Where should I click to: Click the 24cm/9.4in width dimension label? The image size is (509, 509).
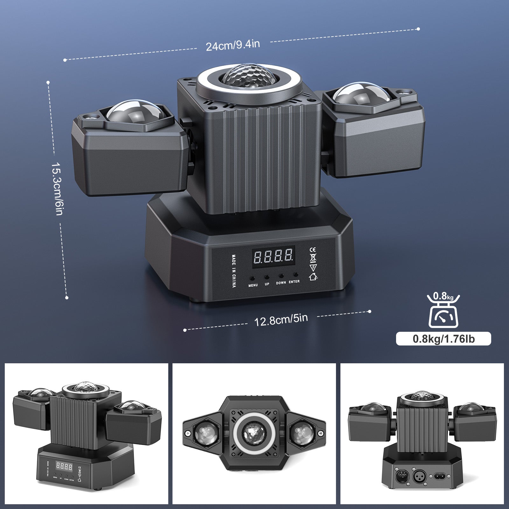tap(233, 45)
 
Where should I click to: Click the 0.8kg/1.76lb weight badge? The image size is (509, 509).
tap(443, 339)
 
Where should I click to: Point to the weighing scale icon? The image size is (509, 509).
tap(443, 312)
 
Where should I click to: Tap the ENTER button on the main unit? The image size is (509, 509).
tap(296, 274)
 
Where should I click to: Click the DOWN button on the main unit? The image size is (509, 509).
tap(281, 275)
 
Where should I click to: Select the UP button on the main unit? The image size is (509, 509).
tap(267, 277)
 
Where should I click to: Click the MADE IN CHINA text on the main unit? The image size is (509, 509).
tap(234, 271)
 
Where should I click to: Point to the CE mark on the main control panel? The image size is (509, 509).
tap(312, 250)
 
